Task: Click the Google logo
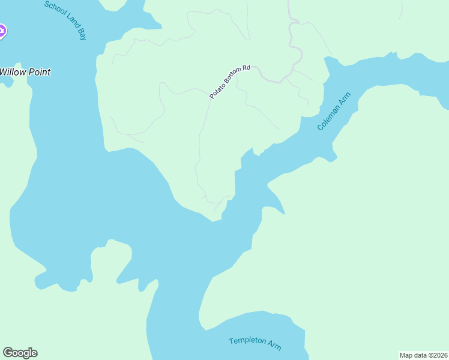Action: (x=20, y=353)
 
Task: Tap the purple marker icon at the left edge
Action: (x=2, y=31)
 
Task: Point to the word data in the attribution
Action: (x=420, y=355)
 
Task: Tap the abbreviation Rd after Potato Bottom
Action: (x=245, y=68)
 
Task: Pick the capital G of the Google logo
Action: (x=8, y=353)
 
